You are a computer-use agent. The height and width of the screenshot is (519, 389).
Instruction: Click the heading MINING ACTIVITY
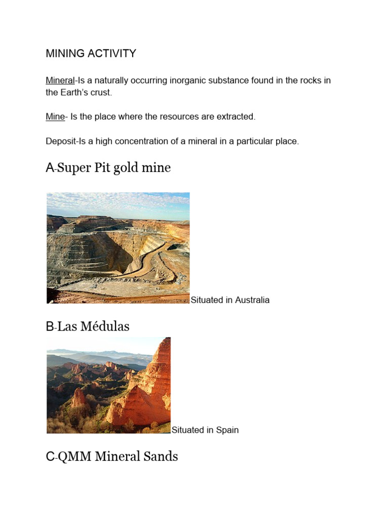pos(91,54)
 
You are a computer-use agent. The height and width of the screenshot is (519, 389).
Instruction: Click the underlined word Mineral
pos(60,81)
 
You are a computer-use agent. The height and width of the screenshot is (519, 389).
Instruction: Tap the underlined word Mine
pos(55,117)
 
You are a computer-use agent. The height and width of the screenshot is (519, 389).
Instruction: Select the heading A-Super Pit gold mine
pos(108,168)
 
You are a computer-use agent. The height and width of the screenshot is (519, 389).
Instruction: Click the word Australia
pos(251,300)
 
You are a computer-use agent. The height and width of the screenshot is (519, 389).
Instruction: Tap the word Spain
pos(227,430)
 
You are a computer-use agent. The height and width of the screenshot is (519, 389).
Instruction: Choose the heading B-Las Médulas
pos(88,327)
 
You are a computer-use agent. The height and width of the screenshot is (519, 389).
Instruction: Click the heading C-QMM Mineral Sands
pos(112,457)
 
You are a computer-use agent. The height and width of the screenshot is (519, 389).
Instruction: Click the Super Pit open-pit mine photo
pos(118,248)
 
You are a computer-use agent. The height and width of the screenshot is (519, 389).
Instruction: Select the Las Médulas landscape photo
pos(108,385)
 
